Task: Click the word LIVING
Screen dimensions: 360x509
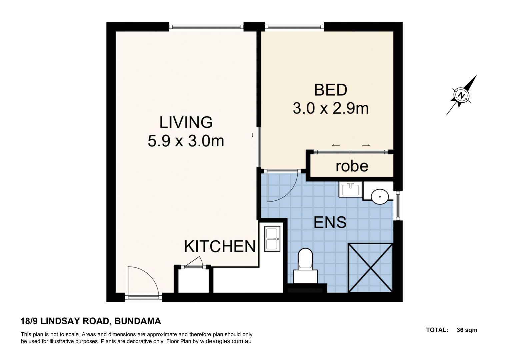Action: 186,122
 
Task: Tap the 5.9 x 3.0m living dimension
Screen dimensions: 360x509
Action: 186,141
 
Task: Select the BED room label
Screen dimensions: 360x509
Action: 330,90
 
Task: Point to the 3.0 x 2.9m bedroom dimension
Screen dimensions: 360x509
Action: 330,108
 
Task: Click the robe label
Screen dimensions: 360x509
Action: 352,166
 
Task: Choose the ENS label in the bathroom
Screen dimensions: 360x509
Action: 330,222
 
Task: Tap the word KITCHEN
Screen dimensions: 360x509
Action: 220,246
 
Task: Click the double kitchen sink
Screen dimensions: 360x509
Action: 272,239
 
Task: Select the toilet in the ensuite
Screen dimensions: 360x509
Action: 305,263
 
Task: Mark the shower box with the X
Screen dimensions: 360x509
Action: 370,268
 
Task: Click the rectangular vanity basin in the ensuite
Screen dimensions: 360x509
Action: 350,189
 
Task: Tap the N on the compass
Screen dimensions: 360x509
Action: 461,95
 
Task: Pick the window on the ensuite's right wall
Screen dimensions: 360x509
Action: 398,206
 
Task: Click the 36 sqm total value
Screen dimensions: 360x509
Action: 467,330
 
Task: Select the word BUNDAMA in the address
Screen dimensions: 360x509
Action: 138,321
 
